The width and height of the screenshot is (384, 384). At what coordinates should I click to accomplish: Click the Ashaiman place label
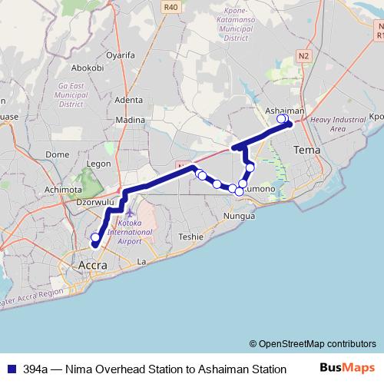(284, 111)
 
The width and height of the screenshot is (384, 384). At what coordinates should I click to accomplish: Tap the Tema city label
(307, 150)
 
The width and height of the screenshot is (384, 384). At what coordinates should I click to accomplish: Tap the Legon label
(99, 164)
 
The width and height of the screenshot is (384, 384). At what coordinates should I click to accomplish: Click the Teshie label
(191, 237)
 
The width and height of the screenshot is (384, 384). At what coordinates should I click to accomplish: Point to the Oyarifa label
(121, 55)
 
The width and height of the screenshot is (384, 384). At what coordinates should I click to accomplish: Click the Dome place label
(58, 154)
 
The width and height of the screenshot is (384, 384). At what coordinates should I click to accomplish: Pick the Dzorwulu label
(95, 203)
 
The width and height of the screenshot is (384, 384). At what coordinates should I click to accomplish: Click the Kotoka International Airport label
(130, 231)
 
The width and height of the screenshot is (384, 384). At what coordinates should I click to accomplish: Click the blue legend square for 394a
(11, 369)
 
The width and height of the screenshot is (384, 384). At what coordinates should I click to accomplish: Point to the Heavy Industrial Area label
(338, 124)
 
